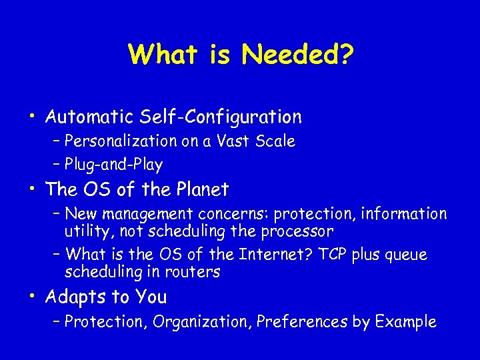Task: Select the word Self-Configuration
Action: tap(221, 117)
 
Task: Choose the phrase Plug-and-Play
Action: tap(114, 164)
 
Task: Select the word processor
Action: tap(297, 231)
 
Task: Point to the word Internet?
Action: tap(258, 255)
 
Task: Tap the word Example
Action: tap(406, 322)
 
